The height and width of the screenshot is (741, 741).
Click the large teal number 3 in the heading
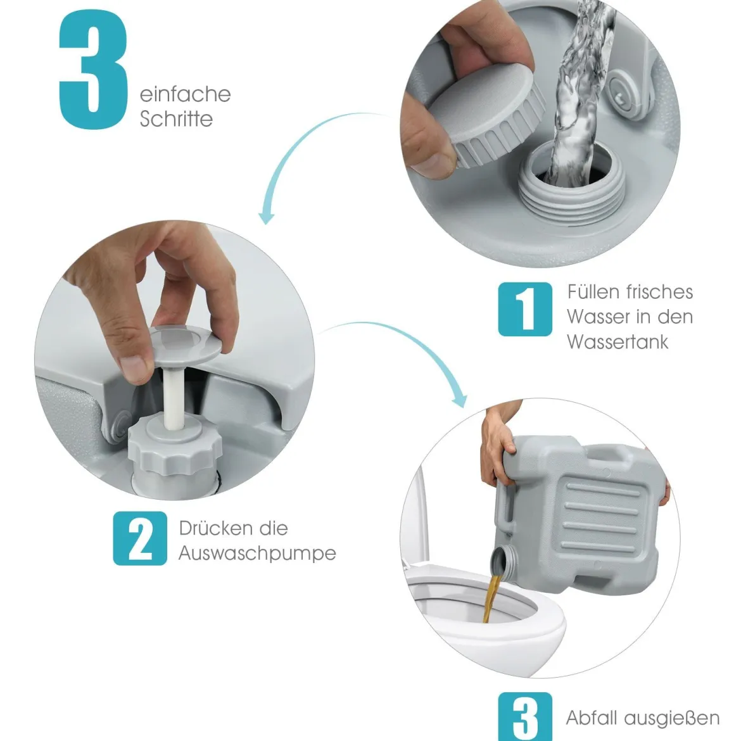click(94, 69)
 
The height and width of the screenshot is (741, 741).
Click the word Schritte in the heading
click(176, 118)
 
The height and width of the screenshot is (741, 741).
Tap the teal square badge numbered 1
click(525, 309)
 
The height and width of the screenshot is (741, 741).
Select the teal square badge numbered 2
click(140, 538)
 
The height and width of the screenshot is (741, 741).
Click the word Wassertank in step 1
click(617, 341)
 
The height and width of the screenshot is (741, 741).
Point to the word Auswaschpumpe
click(257, 554)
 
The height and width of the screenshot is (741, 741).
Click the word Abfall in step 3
click(592, 718)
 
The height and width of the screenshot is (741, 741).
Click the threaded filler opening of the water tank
click(572, 184)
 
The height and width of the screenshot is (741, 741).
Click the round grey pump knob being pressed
click(185, 345)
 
